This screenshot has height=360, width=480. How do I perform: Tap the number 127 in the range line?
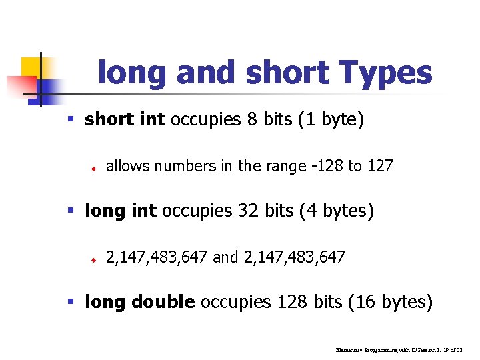click(x=380, y=165)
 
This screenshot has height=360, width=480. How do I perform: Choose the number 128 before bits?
click(x=286, y=302)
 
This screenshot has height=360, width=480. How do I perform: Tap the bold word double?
click(x=163, y=302)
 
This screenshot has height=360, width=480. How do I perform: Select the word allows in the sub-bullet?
click(x=126, y=165)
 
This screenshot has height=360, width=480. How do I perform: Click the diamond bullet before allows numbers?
click(x=95, y=167)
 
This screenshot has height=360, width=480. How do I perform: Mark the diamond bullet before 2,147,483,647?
click(x=95, y=259)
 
